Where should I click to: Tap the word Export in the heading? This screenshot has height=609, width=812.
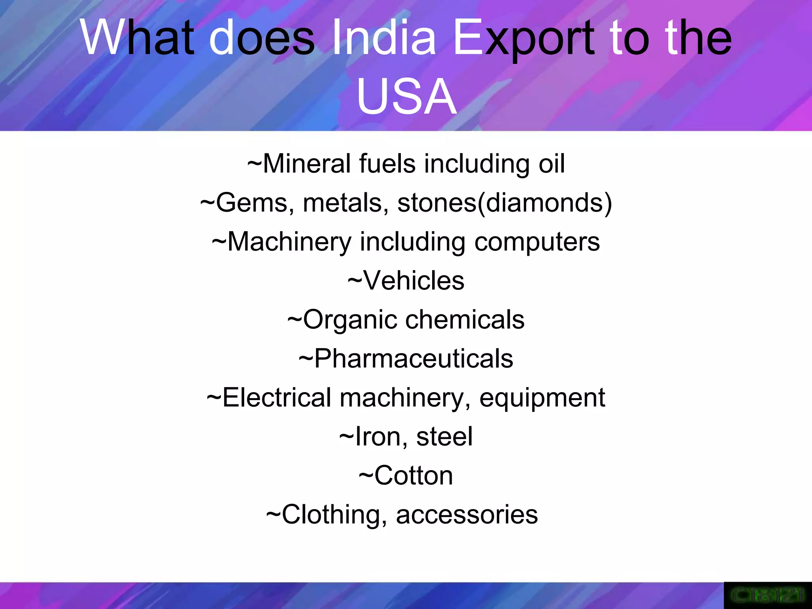[x=524, y=38]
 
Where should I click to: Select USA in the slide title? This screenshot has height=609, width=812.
[x=406, y=97]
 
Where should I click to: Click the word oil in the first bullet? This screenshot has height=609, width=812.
[x=552, y=163]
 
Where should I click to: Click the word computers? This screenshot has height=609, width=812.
[x=537, y=241]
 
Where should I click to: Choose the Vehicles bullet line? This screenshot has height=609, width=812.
[x=406, y=280]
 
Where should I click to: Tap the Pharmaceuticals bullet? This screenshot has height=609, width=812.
[x=406, y=358]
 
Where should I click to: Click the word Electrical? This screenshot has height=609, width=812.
[x=277, y=398]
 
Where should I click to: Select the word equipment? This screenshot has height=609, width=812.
[x=542, y=398]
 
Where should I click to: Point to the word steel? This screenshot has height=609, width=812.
[x=444, y=437]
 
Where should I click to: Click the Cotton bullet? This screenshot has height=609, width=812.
[x=406, y=475]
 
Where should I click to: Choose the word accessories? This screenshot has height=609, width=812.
[x=467, y=515]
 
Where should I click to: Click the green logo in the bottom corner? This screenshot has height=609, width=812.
[x=768, y=595]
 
